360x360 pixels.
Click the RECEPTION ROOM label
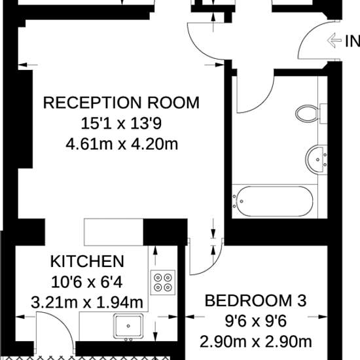[121, 103]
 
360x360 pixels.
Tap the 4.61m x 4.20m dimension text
[122, 144]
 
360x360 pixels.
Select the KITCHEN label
[87, 261]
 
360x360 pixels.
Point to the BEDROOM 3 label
[255, 300]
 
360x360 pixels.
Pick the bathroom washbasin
[316, 160]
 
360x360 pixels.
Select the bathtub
[272, 202]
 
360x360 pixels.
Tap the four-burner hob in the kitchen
[163, 282]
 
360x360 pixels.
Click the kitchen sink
[128, 326]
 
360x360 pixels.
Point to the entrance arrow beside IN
[334, 41]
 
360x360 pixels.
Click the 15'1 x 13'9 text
[121, 123]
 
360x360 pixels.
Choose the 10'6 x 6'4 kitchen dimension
[87, 282]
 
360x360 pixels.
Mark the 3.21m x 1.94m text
[87, 302]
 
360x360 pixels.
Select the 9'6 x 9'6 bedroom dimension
[255, 321]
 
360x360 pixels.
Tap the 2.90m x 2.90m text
[256, 342]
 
